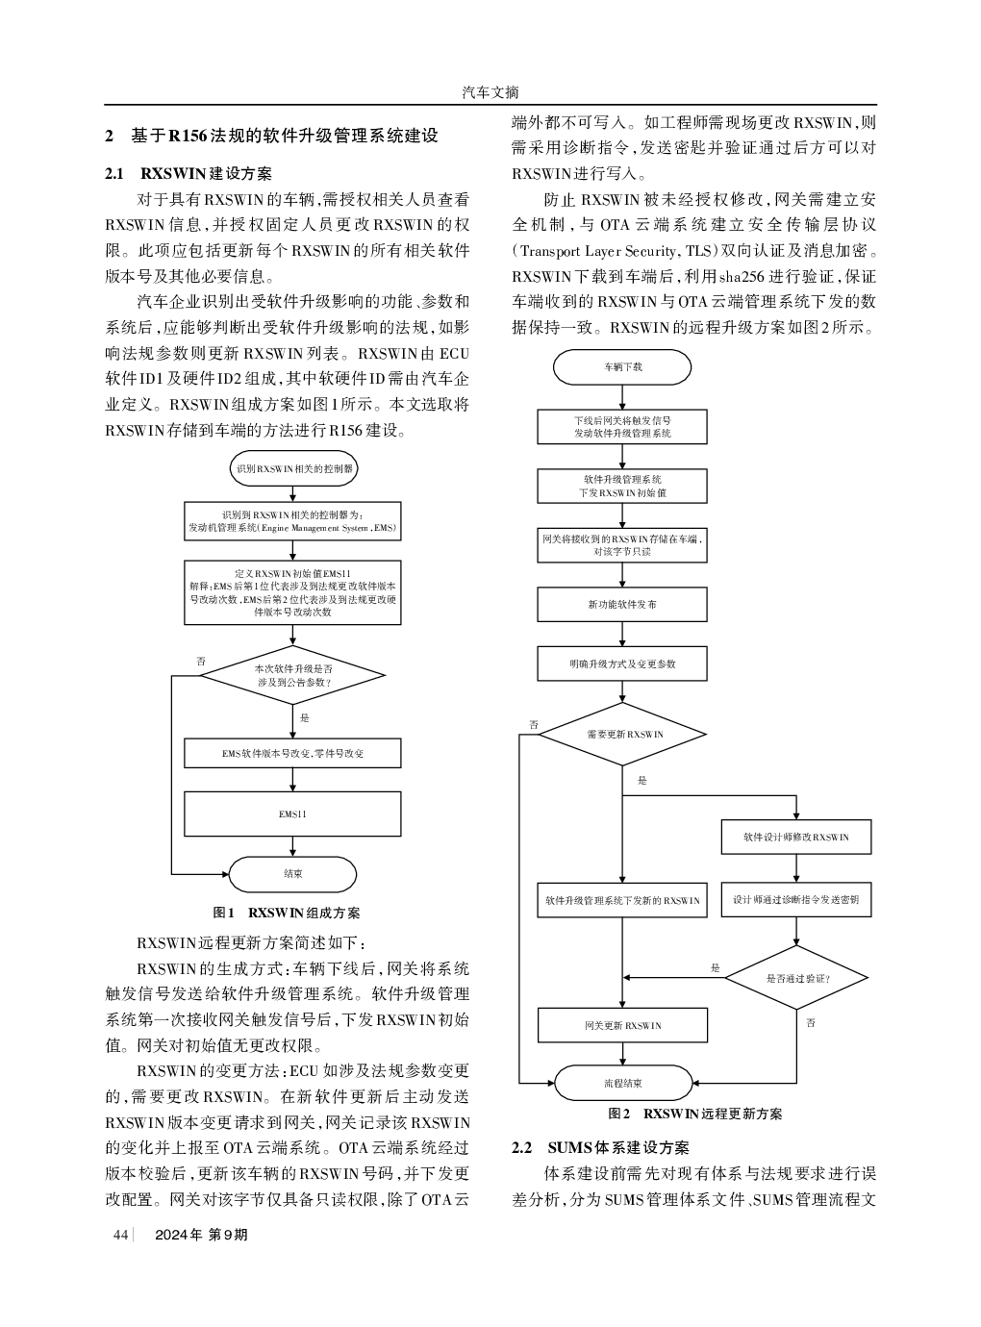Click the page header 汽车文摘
tap(490, 92)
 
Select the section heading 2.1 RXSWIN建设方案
tap(189, 173)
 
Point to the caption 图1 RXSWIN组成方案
tap(287, 913)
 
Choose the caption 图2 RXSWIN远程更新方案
tap(695, 1114)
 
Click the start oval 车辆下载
tap(622, 367)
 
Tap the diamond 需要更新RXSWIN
tap(622, 734)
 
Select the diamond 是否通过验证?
tap(796, 978)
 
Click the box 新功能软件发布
tap(622, 604)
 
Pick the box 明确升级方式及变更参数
tap(622, 663)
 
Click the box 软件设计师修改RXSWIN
tap(796, 837)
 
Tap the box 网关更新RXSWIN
tap(622, 1025)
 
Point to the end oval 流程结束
tap(623, 1083)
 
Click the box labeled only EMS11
tap(292, 814)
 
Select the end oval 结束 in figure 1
tap(292, 874)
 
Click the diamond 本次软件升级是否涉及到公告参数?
tap(292, 675)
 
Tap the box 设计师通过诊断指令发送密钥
tap(796, 900)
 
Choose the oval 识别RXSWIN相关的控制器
tap(294, 468)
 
